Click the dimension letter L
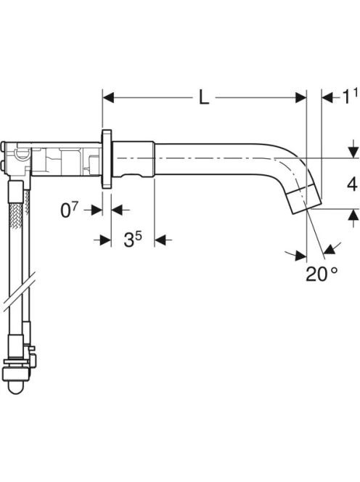coord(203,98)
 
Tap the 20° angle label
coord(322,274)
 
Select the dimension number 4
coord(352,184)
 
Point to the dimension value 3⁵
coord(133,239)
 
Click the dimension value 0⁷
coord(70,211)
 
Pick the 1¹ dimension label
coord(350,97)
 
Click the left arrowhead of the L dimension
coord(108,98)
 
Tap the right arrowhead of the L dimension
coord(301,98)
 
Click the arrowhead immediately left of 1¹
coord(327,98)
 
